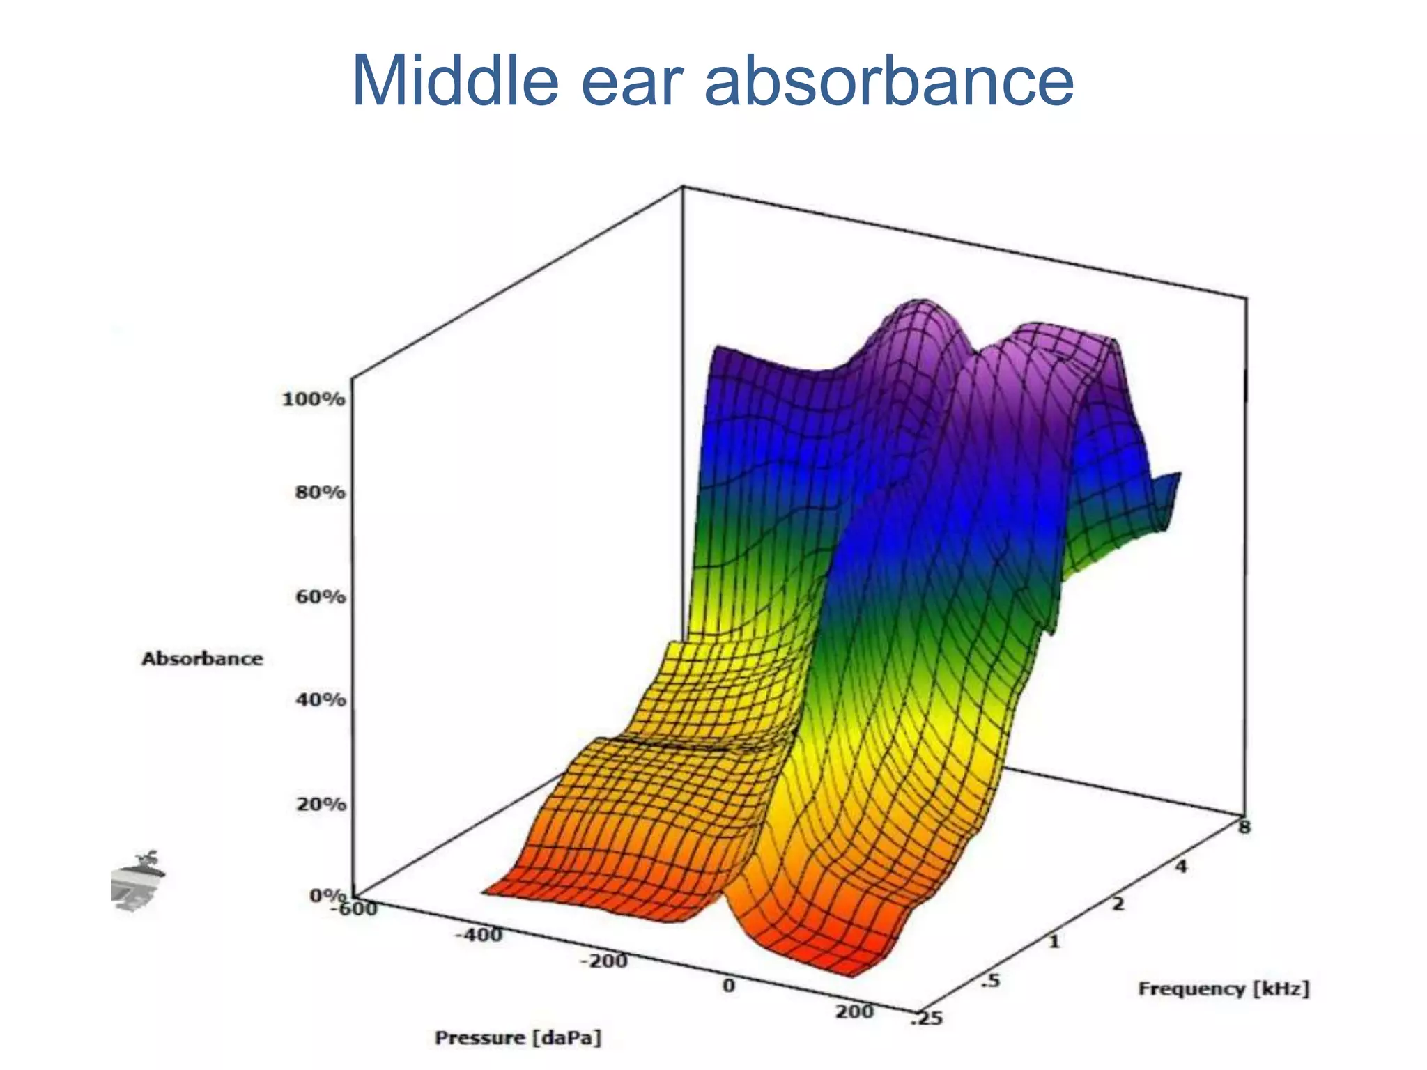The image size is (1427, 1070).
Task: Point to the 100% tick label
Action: [313, 399]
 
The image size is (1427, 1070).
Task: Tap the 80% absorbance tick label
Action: [320, 493]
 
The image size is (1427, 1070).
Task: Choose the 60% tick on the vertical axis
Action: [321, 597]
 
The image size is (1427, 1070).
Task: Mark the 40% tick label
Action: [321, 699]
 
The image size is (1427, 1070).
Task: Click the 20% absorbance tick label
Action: [321, 804]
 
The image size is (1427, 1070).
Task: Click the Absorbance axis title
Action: [202, 659]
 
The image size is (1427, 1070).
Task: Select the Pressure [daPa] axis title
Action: [518, 1038]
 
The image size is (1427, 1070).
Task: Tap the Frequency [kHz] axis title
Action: [1224, 988]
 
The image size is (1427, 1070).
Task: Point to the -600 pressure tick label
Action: [355, 908]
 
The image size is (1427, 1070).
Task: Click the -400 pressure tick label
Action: [478, 935]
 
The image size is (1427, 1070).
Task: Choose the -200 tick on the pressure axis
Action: [603, 961]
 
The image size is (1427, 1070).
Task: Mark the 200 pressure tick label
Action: [854, 1011]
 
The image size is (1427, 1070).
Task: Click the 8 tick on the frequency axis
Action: [1244, 827]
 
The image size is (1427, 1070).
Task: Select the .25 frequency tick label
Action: [927, 1019]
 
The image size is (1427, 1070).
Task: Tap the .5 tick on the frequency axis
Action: [989, 981]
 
